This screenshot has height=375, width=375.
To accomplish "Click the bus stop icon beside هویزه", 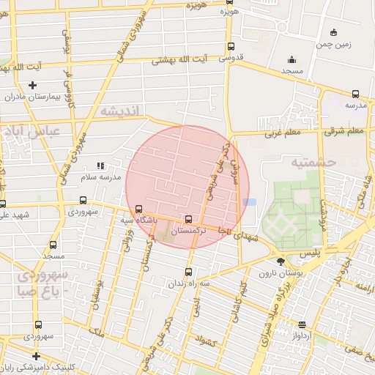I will tap(230, 23).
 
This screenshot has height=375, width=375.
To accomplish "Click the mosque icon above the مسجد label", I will tap(292, 59).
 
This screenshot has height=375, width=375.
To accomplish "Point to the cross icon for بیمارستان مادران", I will tap(32, 86).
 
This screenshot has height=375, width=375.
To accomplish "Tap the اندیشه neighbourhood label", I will tap(123, 111).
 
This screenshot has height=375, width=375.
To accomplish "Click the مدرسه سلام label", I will tap(100, 177).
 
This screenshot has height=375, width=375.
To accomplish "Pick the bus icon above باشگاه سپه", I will tap(138, 208).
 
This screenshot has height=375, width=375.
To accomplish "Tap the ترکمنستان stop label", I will tap(189, 230).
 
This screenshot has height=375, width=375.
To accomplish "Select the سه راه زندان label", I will tap(189, 283).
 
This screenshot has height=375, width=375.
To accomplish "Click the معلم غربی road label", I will tap(282, 133).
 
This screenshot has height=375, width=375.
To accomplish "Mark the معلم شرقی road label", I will tap(344, 131).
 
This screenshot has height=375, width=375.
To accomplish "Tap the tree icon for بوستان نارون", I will tap(281, 261).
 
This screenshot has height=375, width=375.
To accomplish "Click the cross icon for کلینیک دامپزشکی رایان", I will tap(36, 356).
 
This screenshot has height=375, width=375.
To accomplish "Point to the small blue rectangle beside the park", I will tap(250, 201).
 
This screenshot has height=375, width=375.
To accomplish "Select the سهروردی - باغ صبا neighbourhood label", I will tap(42, 283).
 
